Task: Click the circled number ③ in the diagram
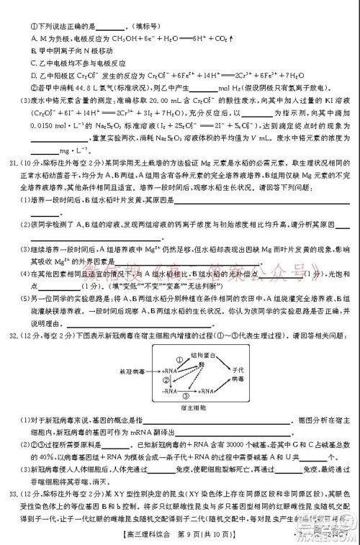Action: [185, 396]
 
